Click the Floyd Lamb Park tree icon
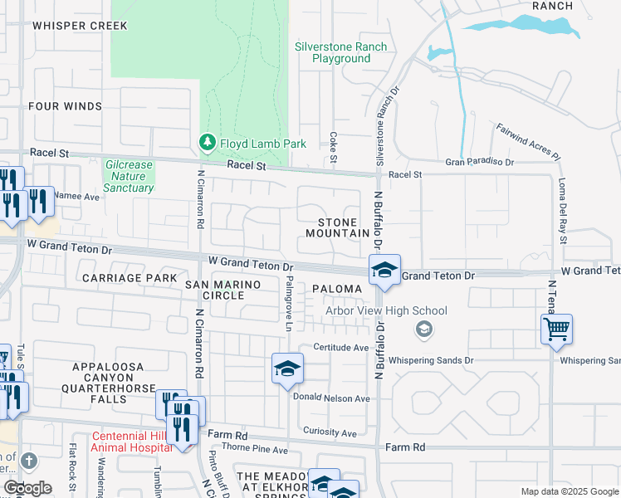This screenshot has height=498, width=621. (x=207, y=144)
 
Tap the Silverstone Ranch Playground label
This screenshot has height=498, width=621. (x=341, y=53)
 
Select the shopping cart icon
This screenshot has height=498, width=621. (x=556, y=329)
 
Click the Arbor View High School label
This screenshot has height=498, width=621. (x=386, y=311)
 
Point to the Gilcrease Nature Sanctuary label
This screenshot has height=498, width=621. (x=129, y=176)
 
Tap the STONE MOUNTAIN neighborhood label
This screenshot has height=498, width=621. (x=338, y=228)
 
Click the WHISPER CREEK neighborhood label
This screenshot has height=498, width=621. (x=80, y=26)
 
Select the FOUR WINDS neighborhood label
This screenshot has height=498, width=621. (x=65, y=106)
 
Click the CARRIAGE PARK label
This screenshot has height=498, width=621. (x=130, y=277)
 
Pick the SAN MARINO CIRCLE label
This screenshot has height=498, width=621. (x=222, y=290)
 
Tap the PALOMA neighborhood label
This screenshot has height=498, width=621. (x=337, y=289)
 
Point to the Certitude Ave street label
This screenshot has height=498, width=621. (x=340, y=347)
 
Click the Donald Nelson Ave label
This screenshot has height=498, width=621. (x=330, y=398)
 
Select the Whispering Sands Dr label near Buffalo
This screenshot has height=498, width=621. (x=429, y=360)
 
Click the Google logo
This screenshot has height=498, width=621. (x=27, y=488)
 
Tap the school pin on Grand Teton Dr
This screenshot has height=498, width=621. (x=384, y=271)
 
